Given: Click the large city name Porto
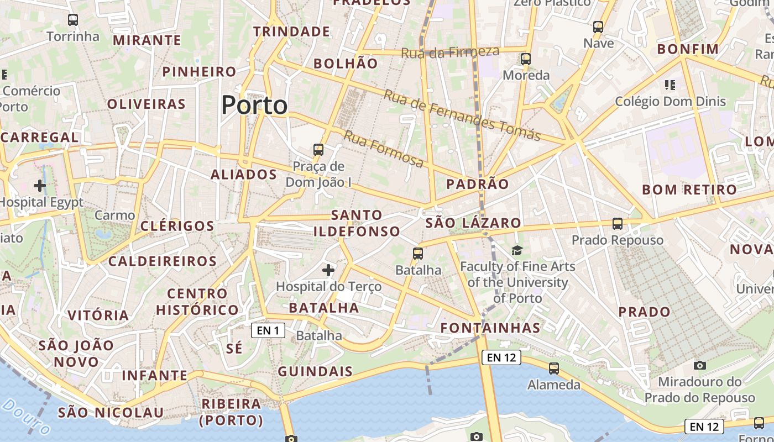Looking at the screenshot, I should coord(254,105).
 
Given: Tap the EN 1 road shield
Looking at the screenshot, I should coord(268,330).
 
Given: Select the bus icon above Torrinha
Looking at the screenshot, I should coord(73,20).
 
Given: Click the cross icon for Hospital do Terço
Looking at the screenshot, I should coord(328,270).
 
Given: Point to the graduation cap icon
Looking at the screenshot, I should coord(517,251).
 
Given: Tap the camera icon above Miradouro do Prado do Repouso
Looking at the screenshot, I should coord(699,365).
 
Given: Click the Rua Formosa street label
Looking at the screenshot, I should coord(384,149).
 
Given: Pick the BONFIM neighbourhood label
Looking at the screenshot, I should coord(688,49).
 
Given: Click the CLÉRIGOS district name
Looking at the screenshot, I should coord(177,226).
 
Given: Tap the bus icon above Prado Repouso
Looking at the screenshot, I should coord(618,224).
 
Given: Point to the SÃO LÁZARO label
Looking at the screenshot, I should coord(473,223).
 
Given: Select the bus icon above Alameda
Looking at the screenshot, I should coord(554,368).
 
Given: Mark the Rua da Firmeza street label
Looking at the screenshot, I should coord(449,52).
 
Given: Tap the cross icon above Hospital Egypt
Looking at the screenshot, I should coord(40,185).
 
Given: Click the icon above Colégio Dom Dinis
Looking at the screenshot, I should coord(670,85).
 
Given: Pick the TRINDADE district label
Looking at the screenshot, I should coord(291,31).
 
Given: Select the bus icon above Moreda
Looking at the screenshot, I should coord(525,59).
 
